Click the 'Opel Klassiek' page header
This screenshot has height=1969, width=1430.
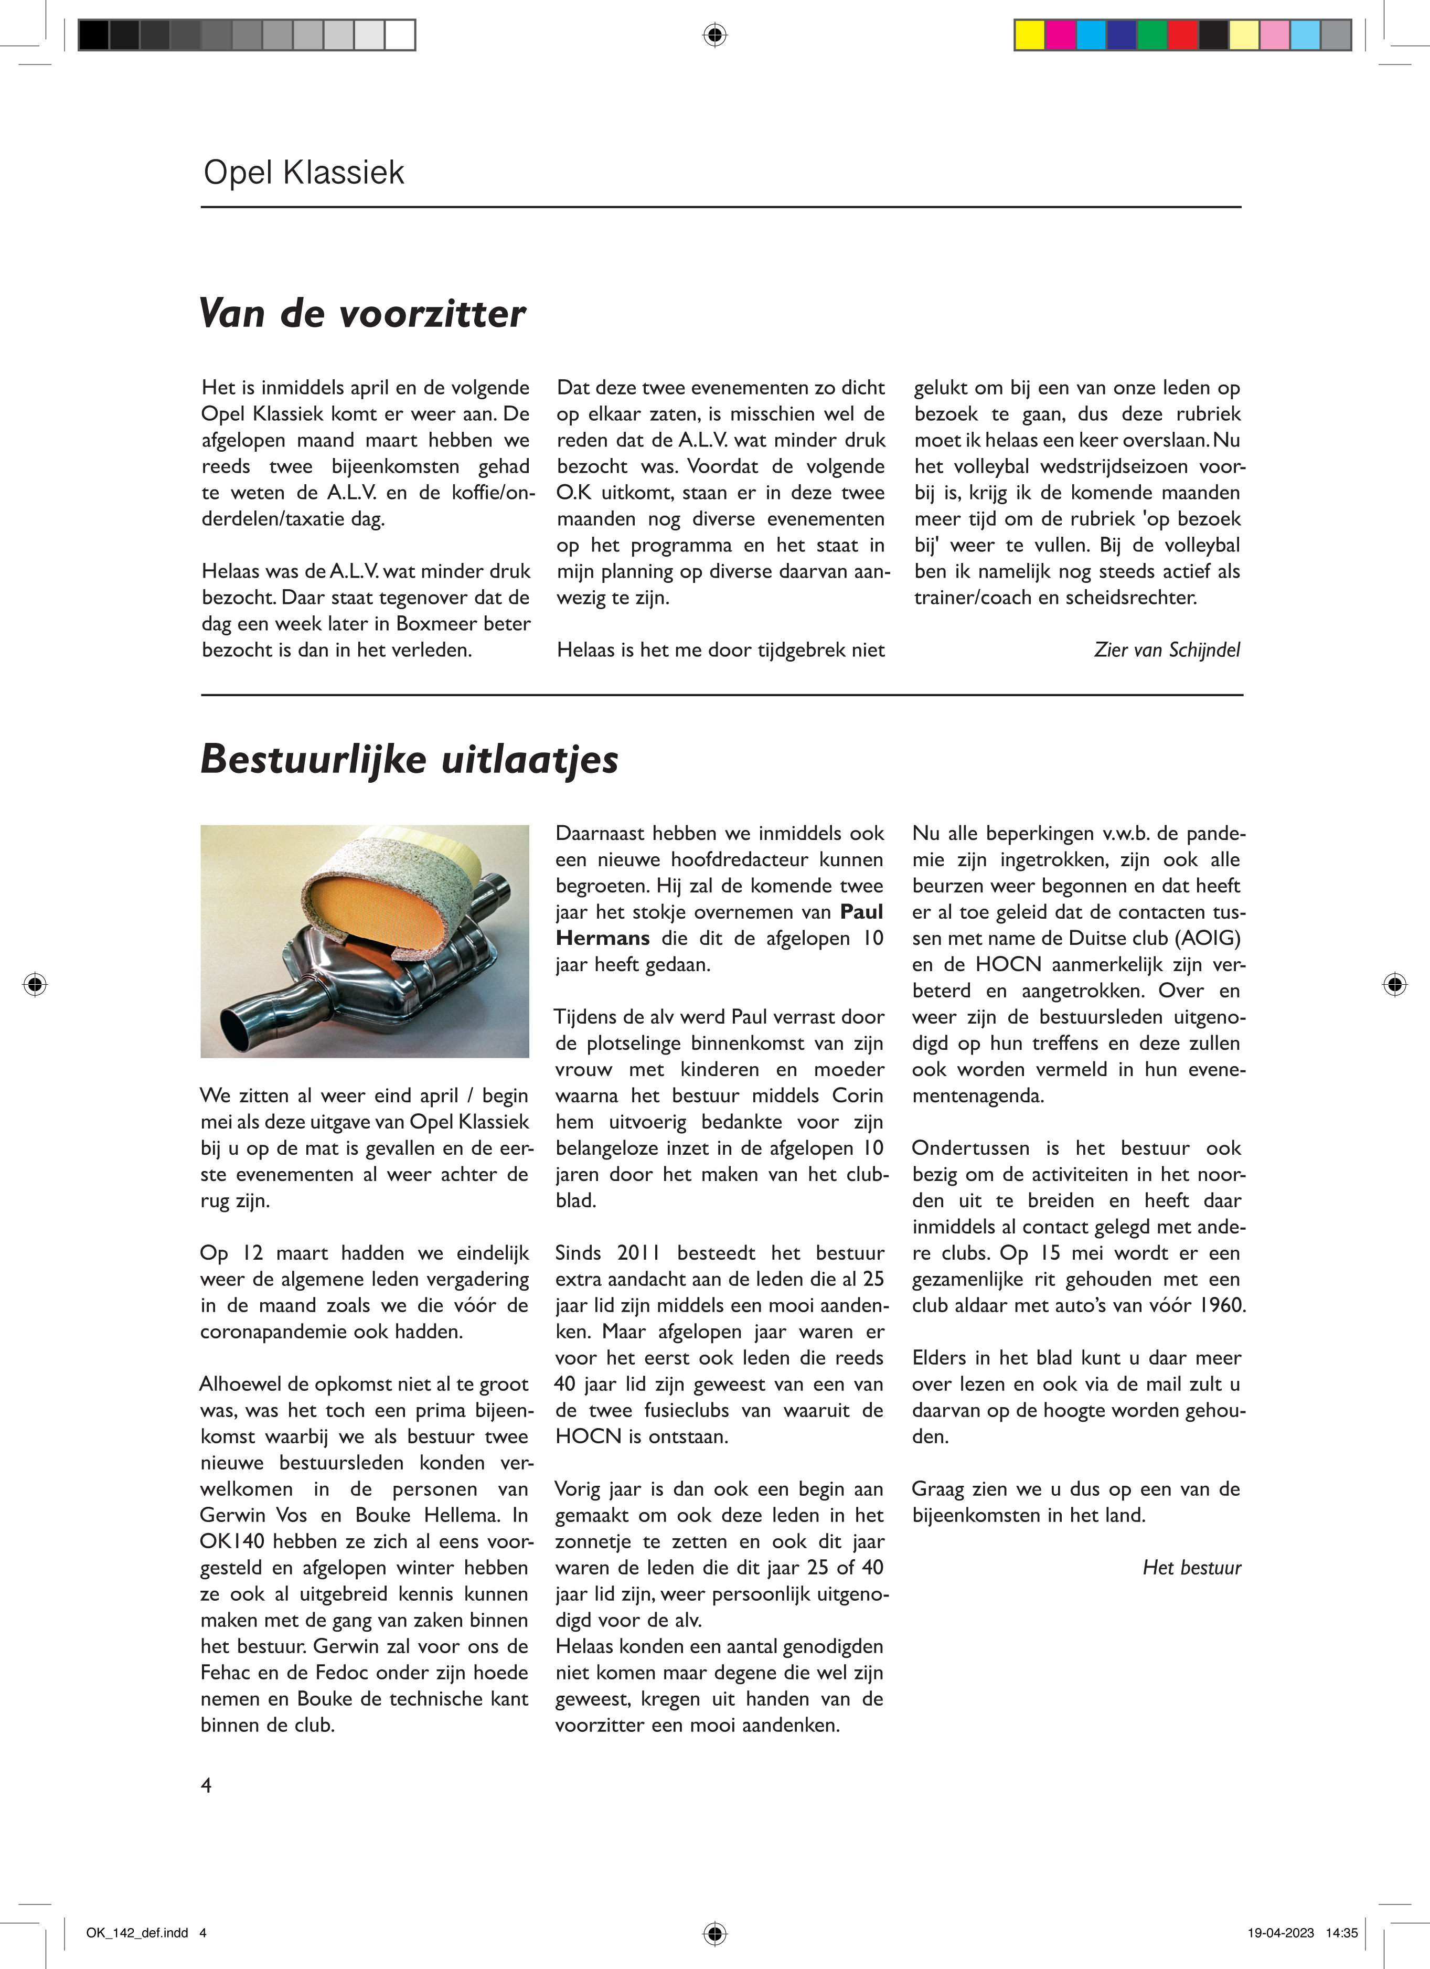tap(304, 173)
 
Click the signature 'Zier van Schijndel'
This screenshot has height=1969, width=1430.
tap(1166, 650)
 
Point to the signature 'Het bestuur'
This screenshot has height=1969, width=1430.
tap(1191, 1568)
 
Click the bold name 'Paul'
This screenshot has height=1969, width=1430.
tap(861, 912)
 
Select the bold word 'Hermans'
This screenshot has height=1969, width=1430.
tap(603, 939)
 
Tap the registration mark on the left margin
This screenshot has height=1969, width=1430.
tap(35, 984)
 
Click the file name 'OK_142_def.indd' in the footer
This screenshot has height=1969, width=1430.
tap(137, 1933)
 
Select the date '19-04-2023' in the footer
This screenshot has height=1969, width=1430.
tap(1280, 1933)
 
